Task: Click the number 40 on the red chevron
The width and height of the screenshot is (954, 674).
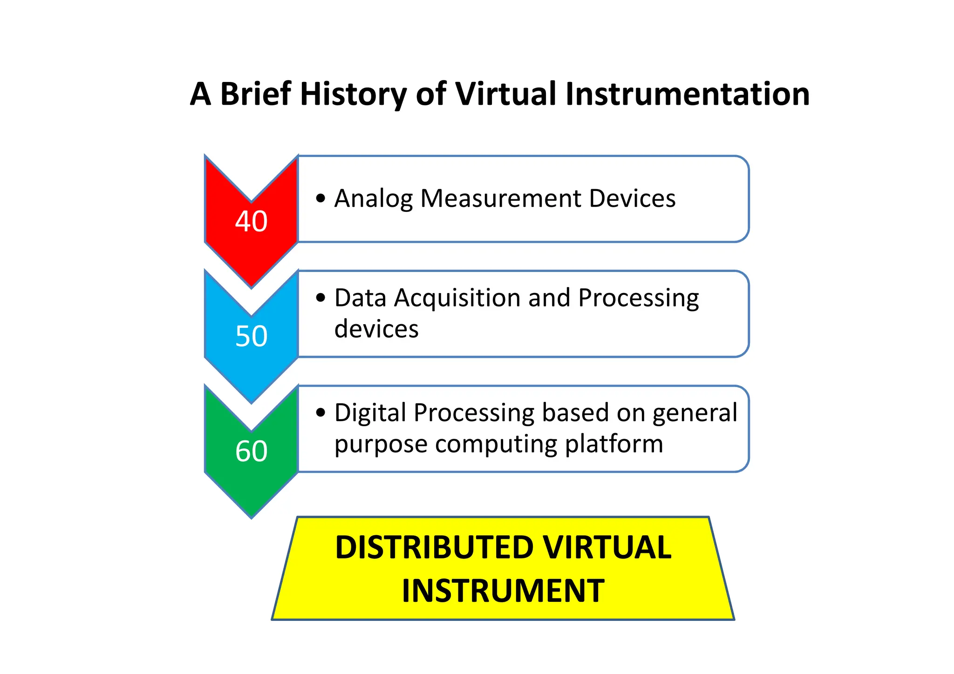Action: (x=251, y=221)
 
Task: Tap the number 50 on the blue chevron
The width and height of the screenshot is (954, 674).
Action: (x=251, y=336)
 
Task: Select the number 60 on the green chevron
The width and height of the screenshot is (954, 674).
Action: (x=251, y=451)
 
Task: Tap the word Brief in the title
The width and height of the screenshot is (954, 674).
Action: (x=255, y=95)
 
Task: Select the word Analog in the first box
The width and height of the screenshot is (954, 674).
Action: (x=374, y=199)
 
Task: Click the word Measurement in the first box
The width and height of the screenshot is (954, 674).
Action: (x=501, y=198)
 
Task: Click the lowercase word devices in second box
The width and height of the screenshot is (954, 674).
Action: (x=376, y=329)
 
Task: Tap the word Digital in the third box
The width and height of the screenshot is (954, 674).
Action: (x=370, y=414)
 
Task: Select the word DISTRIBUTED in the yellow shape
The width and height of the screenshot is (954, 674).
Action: (x=434, y=547)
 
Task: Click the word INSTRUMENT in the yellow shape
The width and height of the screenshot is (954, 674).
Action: (x=503, y=591)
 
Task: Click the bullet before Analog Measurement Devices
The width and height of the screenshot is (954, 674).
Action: (x=320, y=198)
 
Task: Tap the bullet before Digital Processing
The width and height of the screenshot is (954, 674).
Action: (x=320, y=412)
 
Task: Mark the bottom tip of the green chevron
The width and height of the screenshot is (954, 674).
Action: (x=252, y=517)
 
